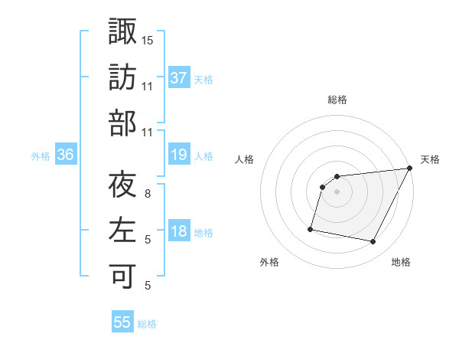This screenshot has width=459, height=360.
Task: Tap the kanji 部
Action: (x=122, y=122)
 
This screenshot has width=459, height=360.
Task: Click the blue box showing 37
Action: (x=178, y=77)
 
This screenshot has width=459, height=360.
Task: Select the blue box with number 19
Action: (x=178, y=155)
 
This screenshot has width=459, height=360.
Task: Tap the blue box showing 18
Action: (x=178, y=231)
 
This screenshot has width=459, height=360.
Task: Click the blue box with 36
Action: (x=66, y=155)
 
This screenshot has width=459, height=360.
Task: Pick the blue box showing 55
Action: (x=122, y=322)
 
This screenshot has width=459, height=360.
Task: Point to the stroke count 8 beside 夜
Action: (x=148, y=194)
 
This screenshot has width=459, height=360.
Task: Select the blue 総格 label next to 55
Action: (x=147, y=324)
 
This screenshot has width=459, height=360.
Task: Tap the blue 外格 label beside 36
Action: (x=41, y=156)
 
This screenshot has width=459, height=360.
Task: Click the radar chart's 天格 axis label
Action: (x=430, y=159)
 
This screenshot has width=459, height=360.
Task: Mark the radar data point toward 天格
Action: (x=409, y=169)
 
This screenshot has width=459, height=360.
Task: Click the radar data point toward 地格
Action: (x=373, y=242)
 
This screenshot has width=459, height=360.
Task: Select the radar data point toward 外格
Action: (x=311, y=228)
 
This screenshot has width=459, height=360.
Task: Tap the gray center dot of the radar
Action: (x=337, y=191)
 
